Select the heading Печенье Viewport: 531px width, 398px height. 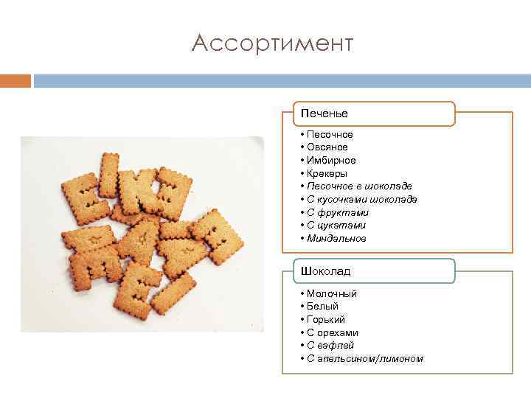(324, 114)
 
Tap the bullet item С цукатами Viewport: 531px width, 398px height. (336, 226)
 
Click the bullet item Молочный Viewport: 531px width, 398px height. (332, 293)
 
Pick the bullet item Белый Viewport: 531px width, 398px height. (322, 307)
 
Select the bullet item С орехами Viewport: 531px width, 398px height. (333, 332)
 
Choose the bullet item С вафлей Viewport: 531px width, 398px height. (330, 346)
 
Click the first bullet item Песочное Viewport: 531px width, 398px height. (330, 134)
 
